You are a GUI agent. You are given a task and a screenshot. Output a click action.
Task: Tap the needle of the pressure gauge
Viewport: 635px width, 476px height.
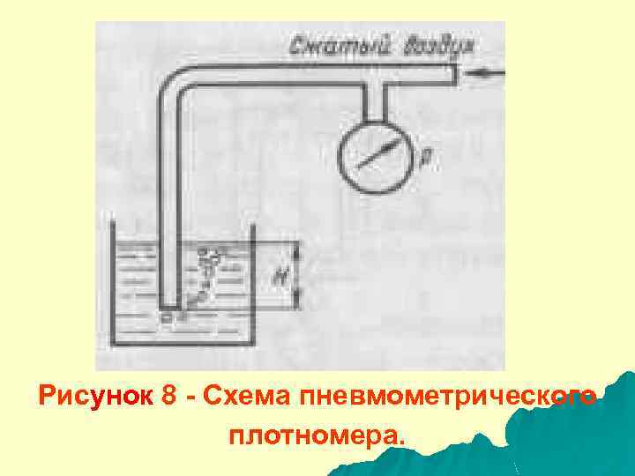(x=376, y=158)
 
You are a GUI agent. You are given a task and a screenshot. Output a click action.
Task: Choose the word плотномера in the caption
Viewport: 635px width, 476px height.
(x=314, y=435)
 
